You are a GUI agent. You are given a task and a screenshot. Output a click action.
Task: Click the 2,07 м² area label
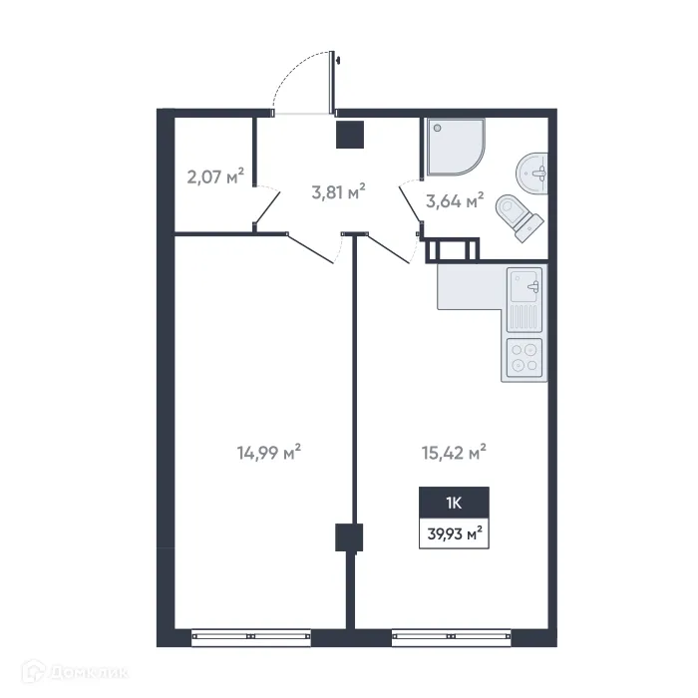215,178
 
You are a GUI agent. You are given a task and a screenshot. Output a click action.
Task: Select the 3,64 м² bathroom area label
455,200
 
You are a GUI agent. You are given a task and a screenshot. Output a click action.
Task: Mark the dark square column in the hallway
349,135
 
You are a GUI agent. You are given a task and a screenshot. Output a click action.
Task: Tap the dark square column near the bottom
347,537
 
